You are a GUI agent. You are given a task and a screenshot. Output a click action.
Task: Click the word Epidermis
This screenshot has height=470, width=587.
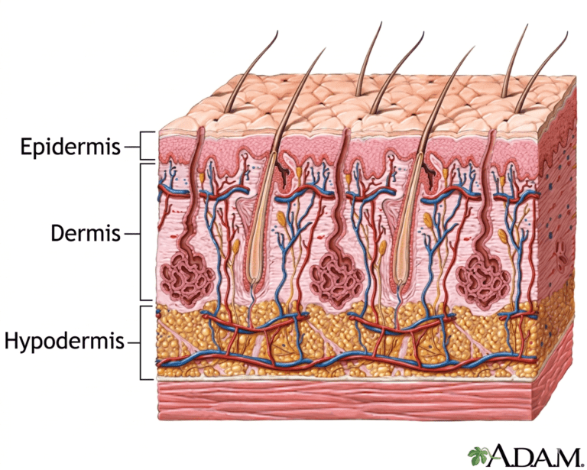[x=71, y=147]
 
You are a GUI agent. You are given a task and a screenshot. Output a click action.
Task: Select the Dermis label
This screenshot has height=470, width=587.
[x=86, y=233]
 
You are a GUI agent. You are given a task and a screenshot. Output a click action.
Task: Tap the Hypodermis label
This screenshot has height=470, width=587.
[x=64, y=342]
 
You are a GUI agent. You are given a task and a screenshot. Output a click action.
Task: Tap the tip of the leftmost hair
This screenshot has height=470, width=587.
[x=277, y=31]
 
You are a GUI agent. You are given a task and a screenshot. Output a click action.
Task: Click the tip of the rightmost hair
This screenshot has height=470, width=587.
[x=568, y=32]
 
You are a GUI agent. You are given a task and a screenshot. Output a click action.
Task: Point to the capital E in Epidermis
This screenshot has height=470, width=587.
[x=25, y=146]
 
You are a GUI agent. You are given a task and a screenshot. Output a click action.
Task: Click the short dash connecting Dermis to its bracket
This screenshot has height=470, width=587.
[x=131, y=235]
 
